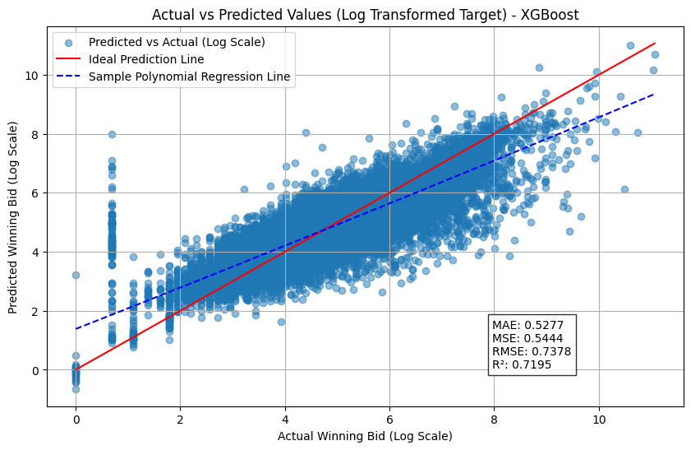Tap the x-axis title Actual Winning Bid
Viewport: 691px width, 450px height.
click(x=365, y=435)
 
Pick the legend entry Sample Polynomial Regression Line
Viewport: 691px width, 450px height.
click(x=189, y=77)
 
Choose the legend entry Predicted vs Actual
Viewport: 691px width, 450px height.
click(x=176, y=42)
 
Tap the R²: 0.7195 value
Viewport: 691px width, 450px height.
click(x=522, y=365)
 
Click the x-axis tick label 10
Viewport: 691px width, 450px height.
click(x=599, y=419)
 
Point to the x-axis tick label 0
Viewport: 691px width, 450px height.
click(x=76, y=419)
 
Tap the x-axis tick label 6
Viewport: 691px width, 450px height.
click(x=389, y=419)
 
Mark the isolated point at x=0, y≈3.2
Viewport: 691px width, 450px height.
click(x=76, y=275)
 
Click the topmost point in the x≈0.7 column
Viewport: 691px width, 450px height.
click(x=112, y=134)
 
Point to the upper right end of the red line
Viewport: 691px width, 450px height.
click(x=655, y=43)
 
